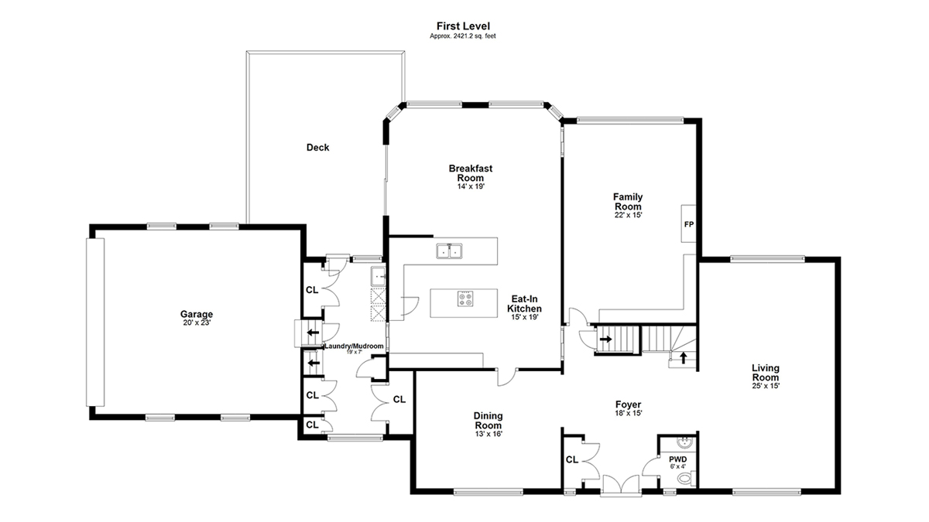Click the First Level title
click(463, 26)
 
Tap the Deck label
click(317, 148)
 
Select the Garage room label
click(197, 314)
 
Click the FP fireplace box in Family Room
click(688, 223)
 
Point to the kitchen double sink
click(449, 251)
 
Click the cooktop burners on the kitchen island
click(465, 299)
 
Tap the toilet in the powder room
click(687, 479)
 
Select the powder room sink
click(684, 442)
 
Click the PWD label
click(677, 459)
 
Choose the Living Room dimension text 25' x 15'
click(766, 386)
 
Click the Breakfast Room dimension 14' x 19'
click(471, 186)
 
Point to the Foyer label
click(629, 404)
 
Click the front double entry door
click(620, 484)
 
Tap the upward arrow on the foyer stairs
click(683, 357)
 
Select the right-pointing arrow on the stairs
click(606, 339)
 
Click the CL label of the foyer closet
click(572, 459)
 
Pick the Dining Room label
click(488, 420)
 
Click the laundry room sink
click(379, 276)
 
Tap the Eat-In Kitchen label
click(524, 304)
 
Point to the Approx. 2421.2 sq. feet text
click(463, 36)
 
